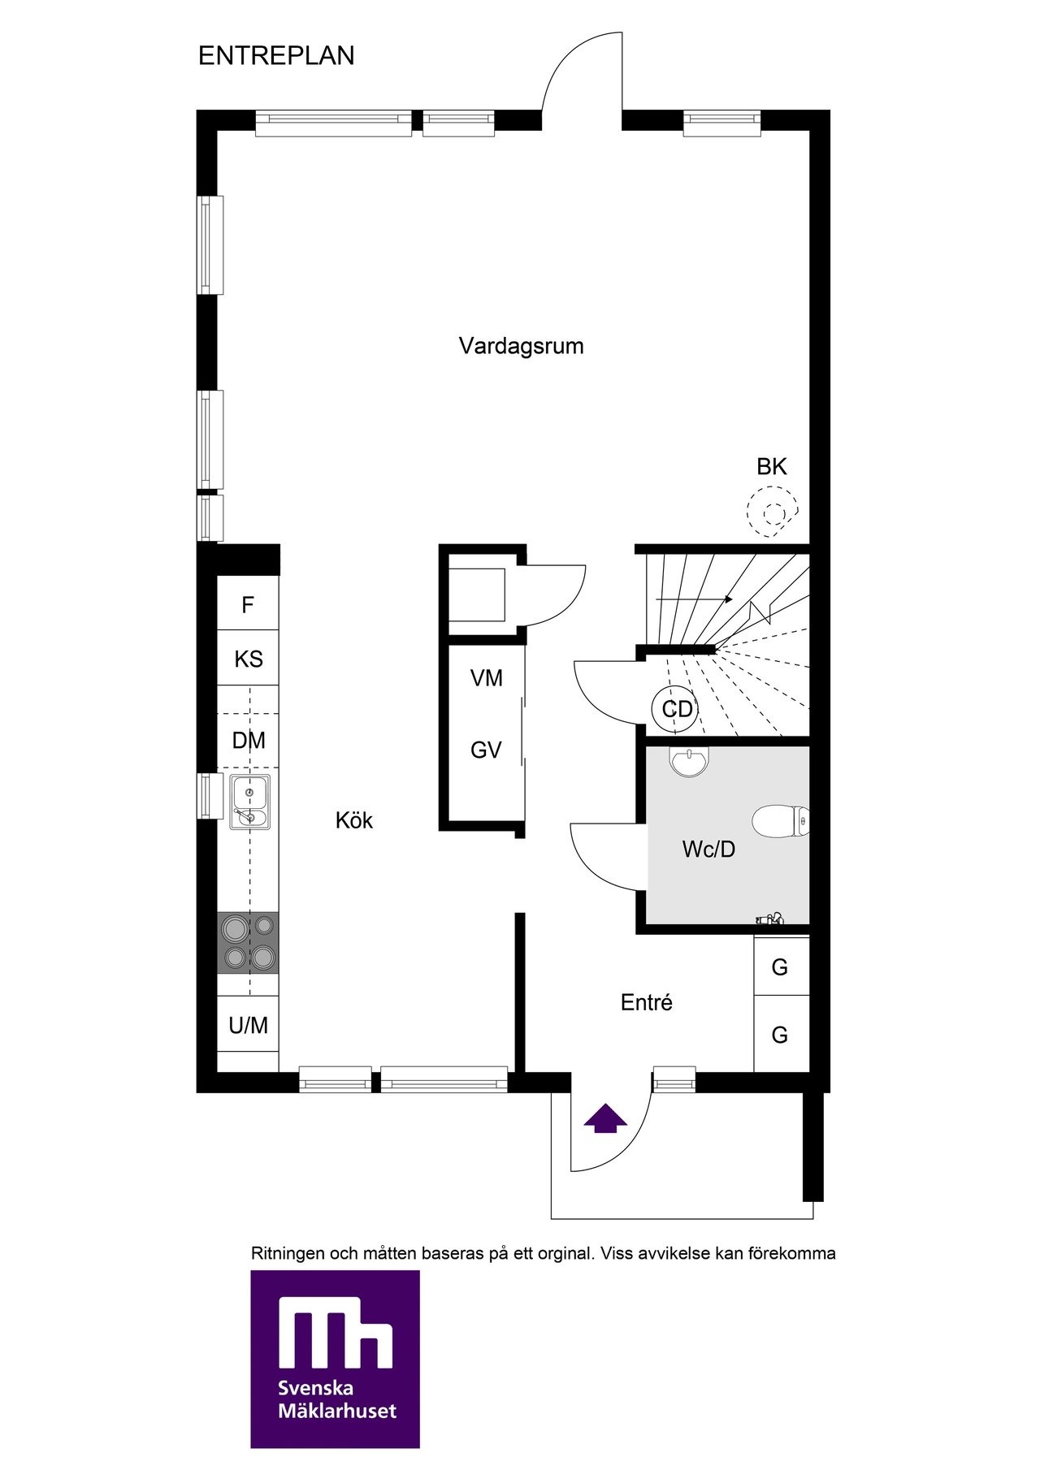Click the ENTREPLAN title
tap(276, 55)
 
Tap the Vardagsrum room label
tap(521, 346)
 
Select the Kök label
tap(354, 820)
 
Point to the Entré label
tap(647, 1002)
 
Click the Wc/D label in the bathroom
tap(708, 850)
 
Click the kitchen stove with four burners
tap(248, 943)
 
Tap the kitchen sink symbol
tap(249, 802)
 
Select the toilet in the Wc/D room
tap(780, 821)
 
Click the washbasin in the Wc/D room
tap(690, 762)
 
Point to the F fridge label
tap(248, 605)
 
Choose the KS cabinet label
tap(249, 659)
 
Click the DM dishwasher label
tap(249, 741)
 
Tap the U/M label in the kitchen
tap(249, 1026)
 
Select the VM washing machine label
tap(487, 678)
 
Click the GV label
tap(486, 750)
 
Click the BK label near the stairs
tap(772, 467)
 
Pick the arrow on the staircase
tap(695, 599)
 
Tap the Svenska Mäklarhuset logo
tap(335, 1359)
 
